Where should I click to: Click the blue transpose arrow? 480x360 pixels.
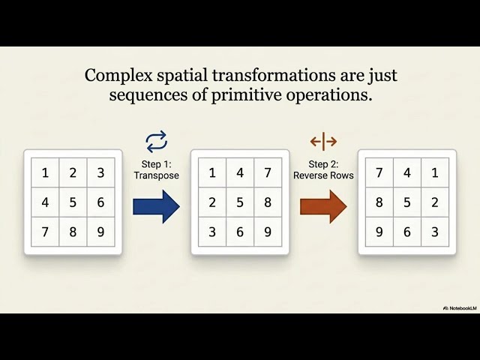pyautogui.click(x=157, y=207)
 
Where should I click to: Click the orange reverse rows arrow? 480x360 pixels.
pyautogui.click(x=323, y=207)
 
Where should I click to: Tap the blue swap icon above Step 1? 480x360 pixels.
pyautogui.click(x=157, y=142)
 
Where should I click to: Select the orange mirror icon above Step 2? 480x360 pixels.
pyautogui.click(x=323, y=142)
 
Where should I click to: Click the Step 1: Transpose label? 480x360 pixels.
pyautogui.click(x=157, y=170)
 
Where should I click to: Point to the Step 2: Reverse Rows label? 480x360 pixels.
pyautogui.click(x=323, y=170)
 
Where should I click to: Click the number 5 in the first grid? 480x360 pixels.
pyautogui.click(x=73, y=202)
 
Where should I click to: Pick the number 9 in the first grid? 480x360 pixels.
pyautogui.click(x=100, y=232)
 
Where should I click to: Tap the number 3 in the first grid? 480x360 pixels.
pyautogui.click(x=100, y=173)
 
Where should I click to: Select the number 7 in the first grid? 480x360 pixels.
pyautogui.click(x=45, y=232)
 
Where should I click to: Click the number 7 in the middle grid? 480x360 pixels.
pyautogui.click(x=268, y=173)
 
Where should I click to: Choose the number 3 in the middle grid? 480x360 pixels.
pyautogui.click(x=212, y=232)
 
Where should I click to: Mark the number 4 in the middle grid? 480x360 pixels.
pyautogui.click(x=240, y=173)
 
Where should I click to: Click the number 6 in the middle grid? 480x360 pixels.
pyautogui.click(x=240, y=232)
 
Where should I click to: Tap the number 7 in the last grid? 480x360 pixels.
pyautogui.click(x=379, y=173)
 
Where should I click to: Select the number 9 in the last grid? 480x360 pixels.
pyautogui.click(x=379, y=232)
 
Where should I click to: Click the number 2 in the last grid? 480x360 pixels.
pyautogui.click(x=435, y=202)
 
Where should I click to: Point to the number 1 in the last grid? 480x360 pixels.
pyautogui.click(x=435, y=173)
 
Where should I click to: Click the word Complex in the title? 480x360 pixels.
pyautogui.click(x=118, y=76)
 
